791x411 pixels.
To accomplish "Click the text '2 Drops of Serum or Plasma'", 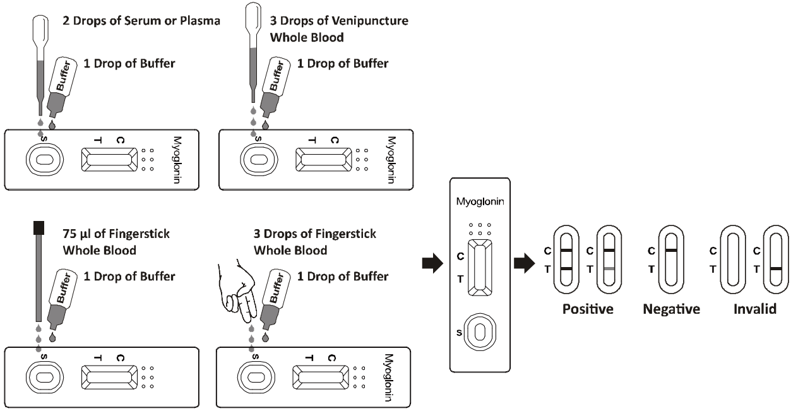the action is pyautogui.click(x=141, y=21).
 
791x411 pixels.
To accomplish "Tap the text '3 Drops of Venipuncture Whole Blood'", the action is pyautogui.click(x=339, y=29).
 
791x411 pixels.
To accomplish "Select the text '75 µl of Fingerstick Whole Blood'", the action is pyautogui.click(x=116, y=242).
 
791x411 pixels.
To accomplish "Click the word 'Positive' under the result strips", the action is pyautogui.click(x=588, y=309).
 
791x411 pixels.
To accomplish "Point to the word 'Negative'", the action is pyautogui.click(x=671, y=309).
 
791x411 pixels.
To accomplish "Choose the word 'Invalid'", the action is pyautogui.click(x=755, y=309).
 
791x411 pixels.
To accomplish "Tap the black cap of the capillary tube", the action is pyautogui.click(x=39, y=228).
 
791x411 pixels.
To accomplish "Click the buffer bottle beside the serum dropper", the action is pyautogui.click(x=62, y=86).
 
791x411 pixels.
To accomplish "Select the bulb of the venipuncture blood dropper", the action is pyautogui.click(x=253, y=18).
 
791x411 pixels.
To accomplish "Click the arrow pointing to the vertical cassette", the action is pyautogui.click(x=432, y=263).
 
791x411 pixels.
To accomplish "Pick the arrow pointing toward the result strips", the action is pyautogui.click(x=525, y=263).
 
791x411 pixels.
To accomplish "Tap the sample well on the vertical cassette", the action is pyautogui.click(x=480, y=332).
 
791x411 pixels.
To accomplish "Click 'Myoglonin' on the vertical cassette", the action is pyautogui.click(x=480, y=201).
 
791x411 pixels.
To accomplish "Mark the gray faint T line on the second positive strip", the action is pyautogui.click(x=609, y=269).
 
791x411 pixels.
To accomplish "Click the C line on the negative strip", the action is pyautogui.click(x=671, y=251).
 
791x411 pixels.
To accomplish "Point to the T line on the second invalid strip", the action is pyautogui.click(x=776, y=269).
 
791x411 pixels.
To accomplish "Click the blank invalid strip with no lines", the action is pyautogui.click(x=722, y=259).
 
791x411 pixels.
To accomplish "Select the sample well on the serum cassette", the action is pyautogui.click(x=44, y=160).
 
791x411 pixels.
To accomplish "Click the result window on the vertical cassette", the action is pyautogui.click(x=480, y=268).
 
